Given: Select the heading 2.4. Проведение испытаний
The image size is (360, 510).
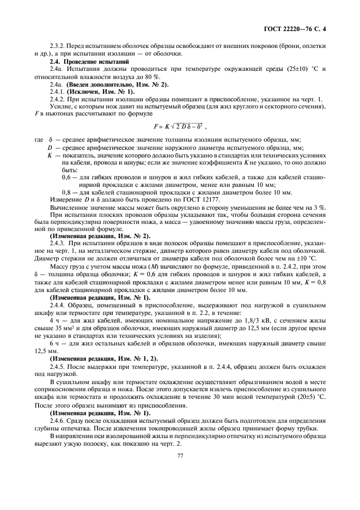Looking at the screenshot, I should (x=89, y=62).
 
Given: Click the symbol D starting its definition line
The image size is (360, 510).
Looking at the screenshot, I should (x=50, y=147).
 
